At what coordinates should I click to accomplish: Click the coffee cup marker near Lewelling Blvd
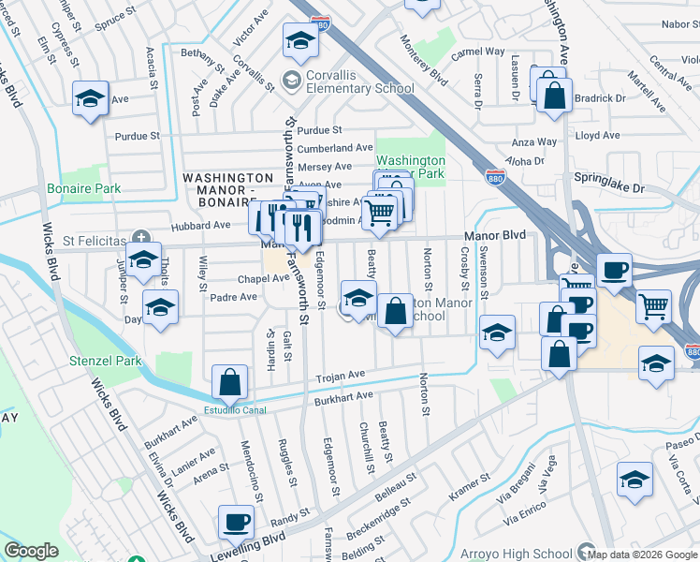click(x=236, y=523)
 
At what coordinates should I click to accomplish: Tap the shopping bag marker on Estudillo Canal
click(x=229, y=382)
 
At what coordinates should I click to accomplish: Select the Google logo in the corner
click(x=31, y=551)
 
